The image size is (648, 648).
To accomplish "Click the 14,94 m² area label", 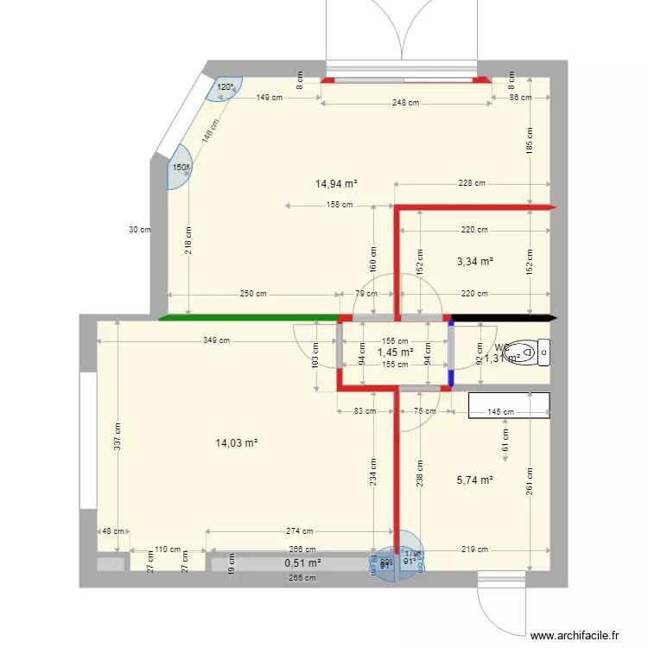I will coord(336,183).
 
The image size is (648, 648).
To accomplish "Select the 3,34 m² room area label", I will coord(474,261).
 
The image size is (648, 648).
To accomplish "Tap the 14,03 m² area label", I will coord(237,443).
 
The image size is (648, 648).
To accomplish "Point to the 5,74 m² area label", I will coord(474,480).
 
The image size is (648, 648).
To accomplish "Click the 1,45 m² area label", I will coord(395,353).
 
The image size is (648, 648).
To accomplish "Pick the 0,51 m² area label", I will coord(302,563).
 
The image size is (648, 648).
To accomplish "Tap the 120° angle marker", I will coord(225,87).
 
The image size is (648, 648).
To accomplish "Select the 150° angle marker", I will coord(181,169).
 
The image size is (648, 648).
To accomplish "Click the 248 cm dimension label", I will coord(405,103).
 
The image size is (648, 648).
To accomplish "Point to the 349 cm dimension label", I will coord(217,340).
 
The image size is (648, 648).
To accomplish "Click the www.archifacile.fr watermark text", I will coord(575,635).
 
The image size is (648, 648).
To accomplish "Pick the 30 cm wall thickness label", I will coord(138,230).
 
